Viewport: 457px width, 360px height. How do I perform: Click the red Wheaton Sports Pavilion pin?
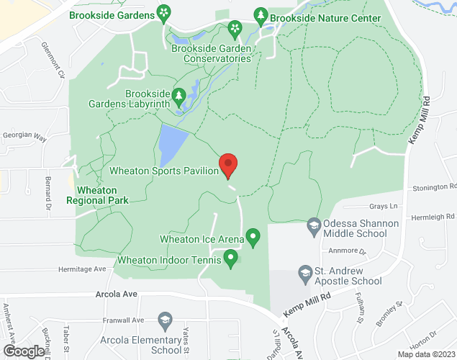coord(228,165)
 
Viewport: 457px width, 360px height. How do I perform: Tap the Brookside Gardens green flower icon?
coord(165,12)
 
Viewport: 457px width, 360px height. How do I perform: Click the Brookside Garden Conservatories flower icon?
coord(234,29)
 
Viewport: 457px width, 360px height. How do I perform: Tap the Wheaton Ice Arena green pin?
coord(253,236)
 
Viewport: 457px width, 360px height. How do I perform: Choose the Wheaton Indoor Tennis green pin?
coord(230,257)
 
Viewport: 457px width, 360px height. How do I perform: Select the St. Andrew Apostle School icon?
coord(305,273)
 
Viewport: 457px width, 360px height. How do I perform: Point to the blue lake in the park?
coord(172,143)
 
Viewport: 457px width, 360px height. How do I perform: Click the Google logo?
coord(23,351)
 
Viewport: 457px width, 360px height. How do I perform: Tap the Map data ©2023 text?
coord(427,354)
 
